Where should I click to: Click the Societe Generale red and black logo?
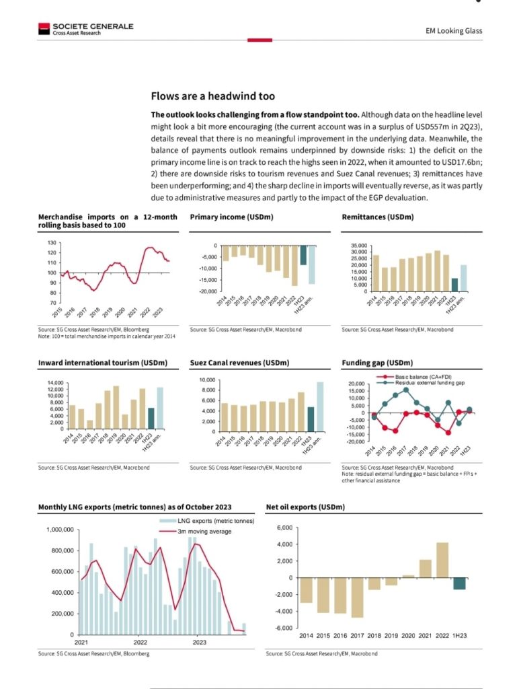click(x=44, y=28)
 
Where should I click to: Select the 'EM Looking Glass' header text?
click(x=454, y=31)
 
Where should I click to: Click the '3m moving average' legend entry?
click(x=204, y=532)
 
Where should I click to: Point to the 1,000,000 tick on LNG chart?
click(x=59, y=530)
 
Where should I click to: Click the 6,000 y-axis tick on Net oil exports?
click(x=284, y=528)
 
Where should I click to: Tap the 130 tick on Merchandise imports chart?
click(x=52, y=242)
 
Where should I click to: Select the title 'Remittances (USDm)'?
click(x=378, y=217)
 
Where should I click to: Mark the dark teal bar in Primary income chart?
click(x=303, y=255)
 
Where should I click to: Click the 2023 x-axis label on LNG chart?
click(x=200, y=643)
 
